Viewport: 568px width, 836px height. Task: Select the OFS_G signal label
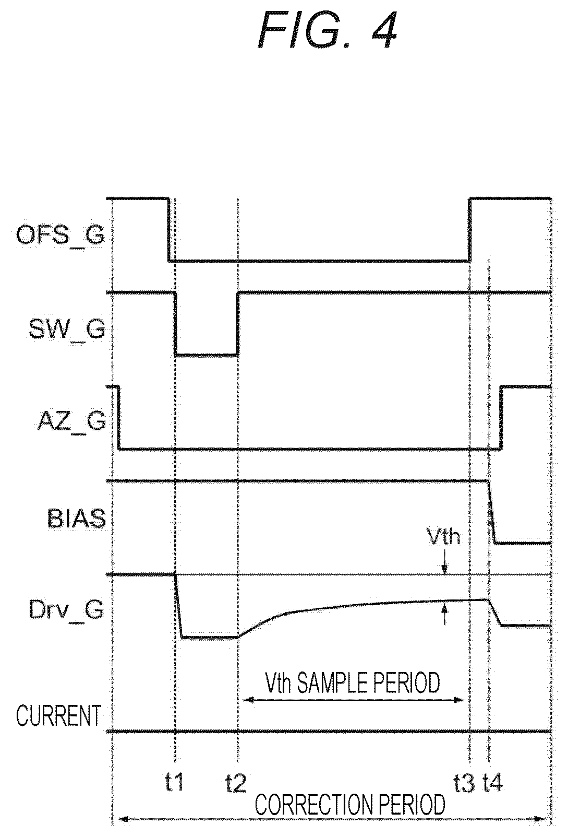[x=61, y=236]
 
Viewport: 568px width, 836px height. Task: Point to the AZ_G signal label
[x=71, y=422]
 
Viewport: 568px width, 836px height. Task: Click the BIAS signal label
[x=77, y=519]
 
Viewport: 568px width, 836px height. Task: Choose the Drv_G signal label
[x=66, y=611]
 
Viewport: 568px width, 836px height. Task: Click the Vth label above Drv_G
[x=443, y=537]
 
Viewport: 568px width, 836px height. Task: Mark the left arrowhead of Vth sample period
[x=248, y=700]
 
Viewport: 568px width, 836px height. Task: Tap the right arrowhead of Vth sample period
[x=460, y=700]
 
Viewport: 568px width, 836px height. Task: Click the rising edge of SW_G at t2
[x=238, y=324]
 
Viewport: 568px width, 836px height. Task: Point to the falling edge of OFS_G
[x=169, y=229]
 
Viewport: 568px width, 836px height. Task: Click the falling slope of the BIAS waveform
[x=492, y=512]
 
